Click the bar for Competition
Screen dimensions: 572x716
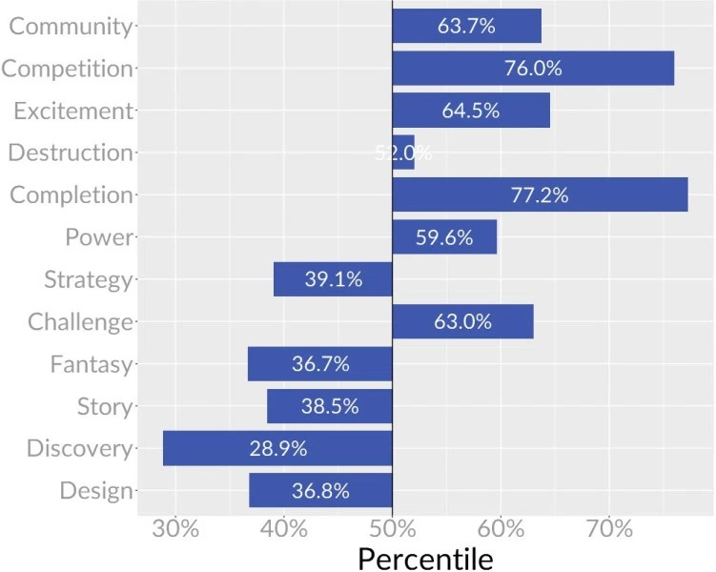click(x=533, y=69)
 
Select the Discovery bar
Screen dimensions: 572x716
click(x=277, y=448)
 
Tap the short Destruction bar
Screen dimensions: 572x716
click(x=403, y=153)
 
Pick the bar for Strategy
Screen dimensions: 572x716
click(x=333, y=279)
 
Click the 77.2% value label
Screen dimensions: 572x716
click(x=540, y=195)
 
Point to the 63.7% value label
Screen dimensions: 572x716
click(x=466, y=27)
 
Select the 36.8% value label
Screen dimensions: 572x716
click(x=320, y=491)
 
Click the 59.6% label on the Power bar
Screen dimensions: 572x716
click(x=444, y=237)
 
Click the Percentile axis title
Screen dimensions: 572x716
click(x=425, y=559)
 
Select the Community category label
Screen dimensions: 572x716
click(x=70, y=27)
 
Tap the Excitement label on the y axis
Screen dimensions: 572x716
click(x=72, y=111)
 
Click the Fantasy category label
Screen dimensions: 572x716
click(x=92, y=364)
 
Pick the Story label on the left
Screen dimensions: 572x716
click(x=105, y=407)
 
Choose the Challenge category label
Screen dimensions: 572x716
click(x=80, y=322)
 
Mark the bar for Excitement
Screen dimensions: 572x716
click(x=471, y=111)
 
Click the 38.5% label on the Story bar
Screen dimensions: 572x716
click(x=329, y=406)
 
